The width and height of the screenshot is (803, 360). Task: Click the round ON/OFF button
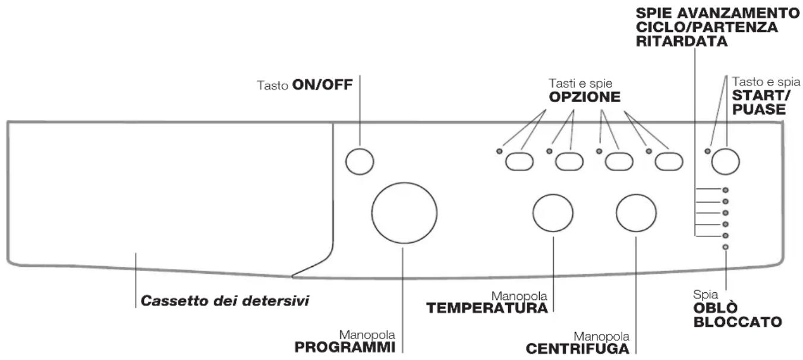(x=360, y=162)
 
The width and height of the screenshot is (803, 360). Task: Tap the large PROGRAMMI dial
(x=404, y=213)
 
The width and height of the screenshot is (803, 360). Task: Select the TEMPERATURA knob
(x=553, y=213)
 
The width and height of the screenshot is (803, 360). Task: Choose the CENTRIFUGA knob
(x=636, y=213)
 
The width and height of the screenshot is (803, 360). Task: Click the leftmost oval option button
(x=519, y=162)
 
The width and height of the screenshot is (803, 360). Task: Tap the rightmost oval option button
(x=669, y=162)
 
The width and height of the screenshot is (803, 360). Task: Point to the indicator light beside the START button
(x=707, y=151)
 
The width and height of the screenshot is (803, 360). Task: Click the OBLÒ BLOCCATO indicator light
(x=725, y=247)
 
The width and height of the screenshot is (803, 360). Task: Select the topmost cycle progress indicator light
(x=725, y=190)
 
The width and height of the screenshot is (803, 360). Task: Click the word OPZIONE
(x=585, y=97)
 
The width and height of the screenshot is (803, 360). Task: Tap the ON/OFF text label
(x=323, y=85)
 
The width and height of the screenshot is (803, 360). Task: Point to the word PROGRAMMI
(x=345, y=347)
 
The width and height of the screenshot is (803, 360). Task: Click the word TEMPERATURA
(x=487, y=308)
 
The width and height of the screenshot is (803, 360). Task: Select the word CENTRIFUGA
(x=578, y=349)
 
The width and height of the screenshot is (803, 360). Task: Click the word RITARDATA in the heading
(x=682, y=41)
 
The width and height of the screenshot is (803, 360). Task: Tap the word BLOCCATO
(x=738, y=322)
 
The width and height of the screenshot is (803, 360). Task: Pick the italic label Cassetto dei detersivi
(x=225, y=301)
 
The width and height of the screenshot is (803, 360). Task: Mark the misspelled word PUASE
(x=759, y=109)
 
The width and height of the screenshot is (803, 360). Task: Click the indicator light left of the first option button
(x=499, y=151)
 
